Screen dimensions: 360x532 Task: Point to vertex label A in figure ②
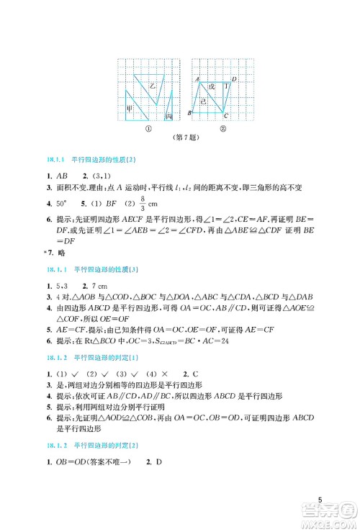coord(197,78)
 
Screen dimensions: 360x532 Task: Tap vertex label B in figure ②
coord(189,114)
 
